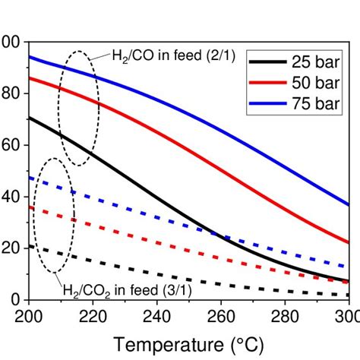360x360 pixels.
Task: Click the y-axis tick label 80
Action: click(x=11, y=93)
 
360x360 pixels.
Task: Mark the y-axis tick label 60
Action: click(x=11, y=145)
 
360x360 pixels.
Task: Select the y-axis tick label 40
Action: click(x=11, y=197)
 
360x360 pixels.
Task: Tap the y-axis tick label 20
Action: click(x=11, y=248)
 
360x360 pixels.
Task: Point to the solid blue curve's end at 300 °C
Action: click(x=348, y=204)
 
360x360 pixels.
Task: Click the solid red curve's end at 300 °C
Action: click(x=348, y=242)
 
